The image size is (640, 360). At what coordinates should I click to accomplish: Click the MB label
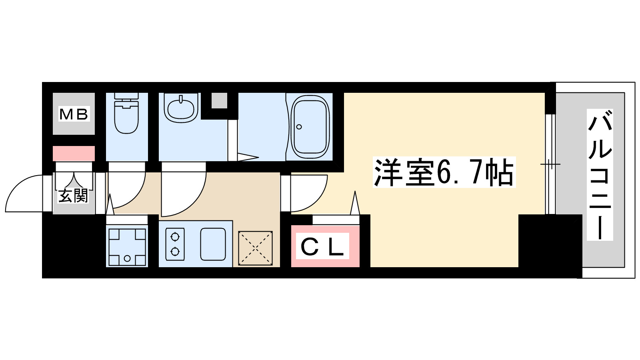coord(74,114)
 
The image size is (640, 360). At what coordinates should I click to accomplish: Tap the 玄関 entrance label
coord(73,196)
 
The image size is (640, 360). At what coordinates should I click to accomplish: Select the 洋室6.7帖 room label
coord(444,173)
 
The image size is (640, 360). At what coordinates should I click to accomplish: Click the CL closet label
coord(322,247)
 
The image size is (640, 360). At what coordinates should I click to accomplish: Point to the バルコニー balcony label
coord(600,175)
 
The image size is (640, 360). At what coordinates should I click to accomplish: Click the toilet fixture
coord(126,114)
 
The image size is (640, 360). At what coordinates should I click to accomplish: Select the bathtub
coord(310,127)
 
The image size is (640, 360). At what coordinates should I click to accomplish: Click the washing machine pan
coord(127,246)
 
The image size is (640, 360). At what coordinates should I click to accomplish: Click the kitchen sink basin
coord(213,244)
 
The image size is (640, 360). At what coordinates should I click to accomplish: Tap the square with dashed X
coord(255,248)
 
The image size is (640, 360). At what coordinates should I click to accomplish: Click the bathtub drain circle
coord(299,127)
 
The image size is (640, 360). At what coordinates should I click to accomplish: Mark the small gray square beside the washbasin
coord(219,100)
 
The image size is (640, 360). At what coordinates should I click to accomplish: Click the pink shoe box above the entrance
coord(74,153)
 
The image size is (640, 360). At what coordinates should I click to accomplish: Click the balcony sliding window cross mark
coord(550,164)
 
